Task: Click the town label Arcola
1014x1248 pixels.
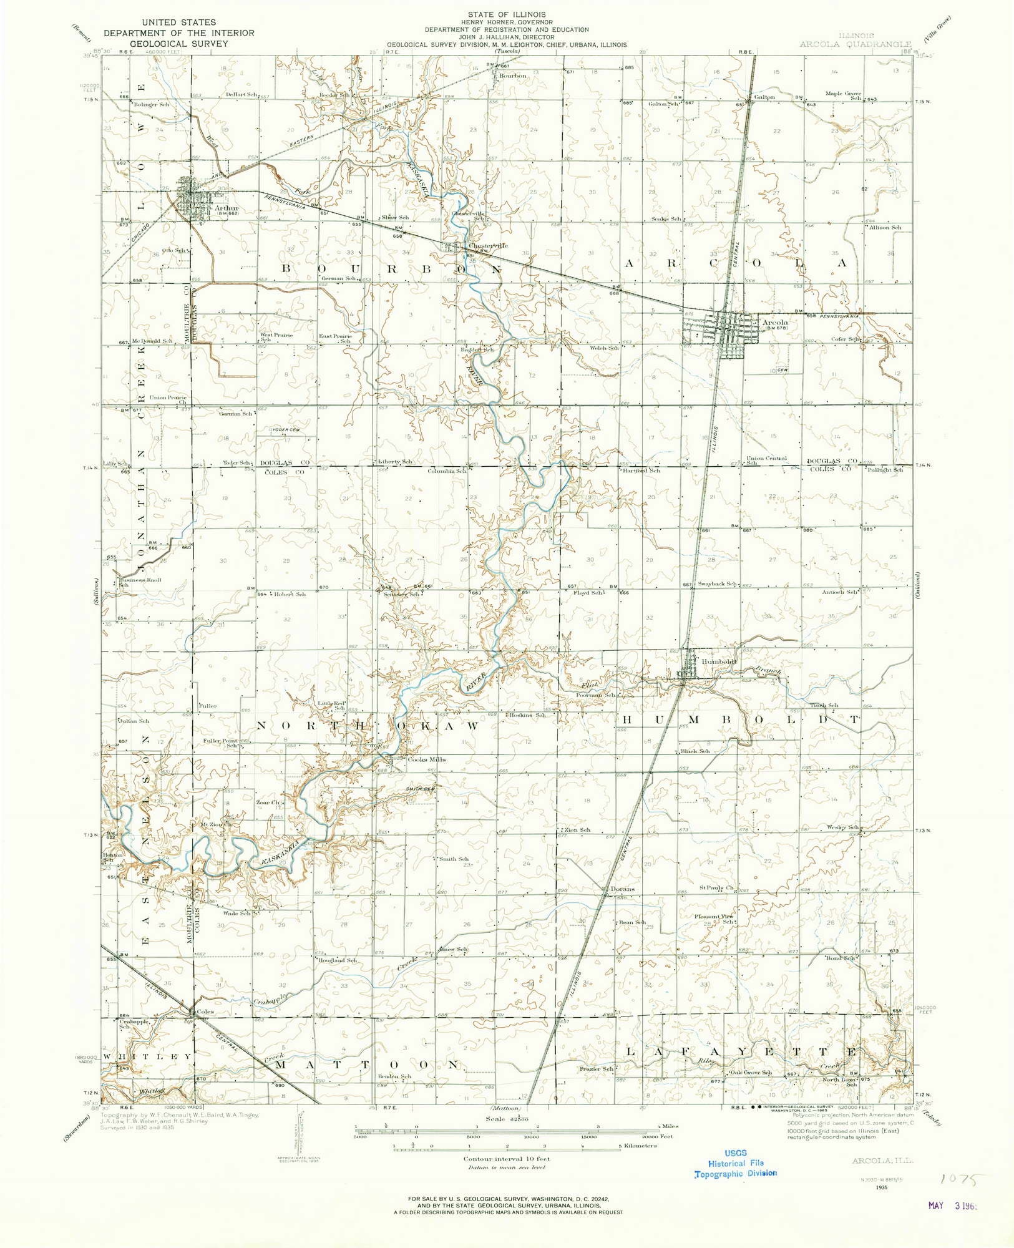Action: (776, 323)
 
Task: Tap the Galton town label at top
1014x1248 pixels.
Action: (764, 97)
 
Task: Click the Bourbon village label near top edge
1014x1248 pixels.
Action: (512, 76)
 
